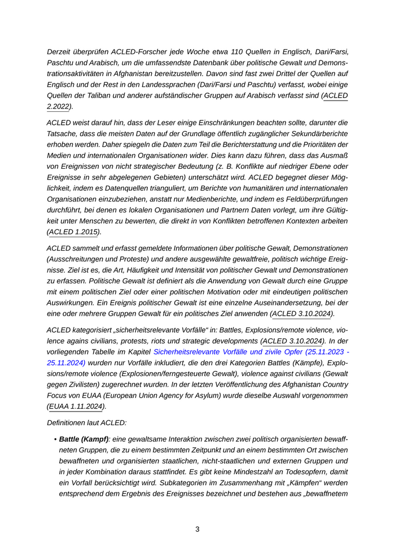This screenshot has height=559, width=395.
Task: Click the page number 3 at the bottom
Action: (197, 529)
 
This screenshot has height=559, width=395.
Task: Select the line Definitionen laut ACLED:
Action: (87, 422)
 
